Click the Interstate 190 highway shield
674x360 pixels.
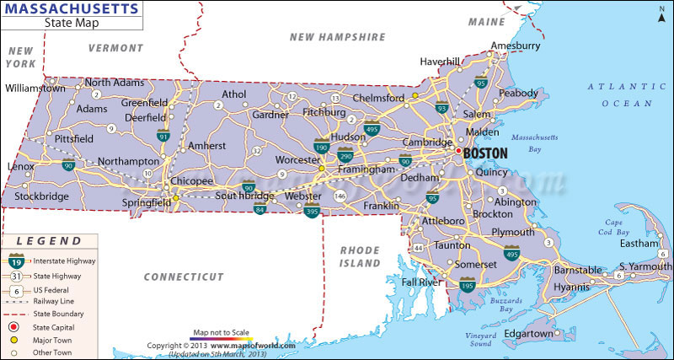pos(321,147)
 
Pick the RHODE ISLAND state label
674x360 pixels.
pos(361,256)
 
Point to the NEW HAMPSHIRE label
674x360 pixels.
pos(337,37)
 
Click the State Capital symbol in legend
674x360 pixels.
pos(13,326)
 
